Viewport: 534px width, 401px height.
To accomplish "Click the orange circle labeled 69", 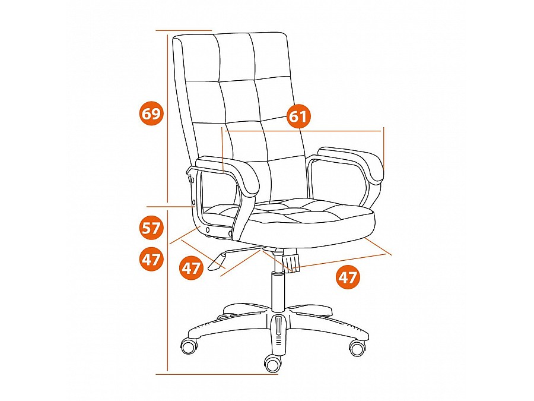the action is [151, 113].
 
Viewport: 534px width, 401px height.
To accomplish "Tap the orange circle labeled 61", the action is [298, 116].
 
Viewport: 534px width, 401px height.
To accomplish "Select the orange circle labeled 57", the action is [151, 228].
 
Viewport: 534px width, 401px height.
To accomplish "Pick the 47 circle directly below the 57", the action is [151, 260].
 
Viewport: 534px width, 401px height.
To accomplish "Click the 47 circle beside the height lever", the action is [191, 269].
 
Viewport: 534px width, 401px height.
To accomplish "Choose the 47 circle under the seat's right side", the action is [348, 277].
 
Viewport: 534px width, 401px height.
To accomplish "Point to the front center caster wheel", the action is [273, 363].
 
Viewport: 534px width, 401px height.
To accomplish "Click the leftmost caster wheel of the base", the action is [190, 347].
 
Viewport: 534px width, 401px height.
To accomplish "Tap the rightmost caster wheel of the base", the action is [358, 348].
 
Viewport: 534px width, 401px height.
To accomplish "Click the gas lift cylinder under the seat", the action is [278, 292].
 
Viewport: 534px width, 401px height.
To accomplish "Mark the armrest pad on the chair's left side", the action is [228, 173].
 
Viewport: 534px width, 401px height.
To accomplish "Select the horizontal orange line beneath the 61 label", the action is [303, 131].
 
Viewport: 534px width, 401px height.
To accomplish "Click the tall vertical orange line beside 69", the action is [167, 118].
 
